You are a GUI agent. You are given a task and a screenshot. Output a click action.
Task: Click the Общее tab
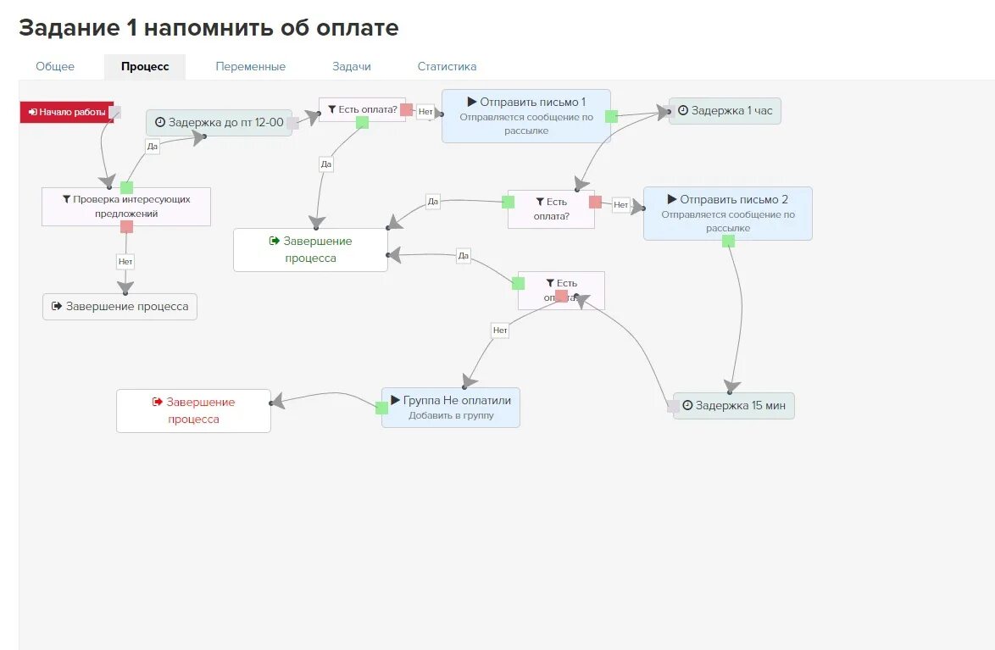tap(55, 66)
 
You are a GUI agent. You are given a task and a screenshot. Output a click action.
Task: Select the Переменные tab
tap(250, 66)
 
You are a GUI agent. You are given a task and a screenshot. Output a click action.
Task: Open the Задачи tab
tap(351, 66)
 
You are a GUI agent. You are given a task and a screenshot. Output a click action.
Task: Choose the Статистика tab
tap(447, 66)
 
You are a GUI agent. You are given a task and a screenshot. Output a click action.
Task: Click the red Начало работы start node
tap(67, 112)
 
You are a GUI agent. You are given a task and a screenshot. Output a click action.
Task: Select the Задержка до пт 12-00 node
tap(219, 122)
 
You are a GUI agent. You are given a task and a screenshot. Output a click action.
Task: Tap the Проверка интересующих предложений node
tap(126, 206)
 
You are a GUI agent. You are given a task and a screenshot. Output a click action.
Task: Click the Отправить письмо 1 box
tap(525, 115)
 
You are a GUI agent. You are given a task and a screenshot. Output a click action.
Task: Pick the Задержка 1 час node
tap(725, 110)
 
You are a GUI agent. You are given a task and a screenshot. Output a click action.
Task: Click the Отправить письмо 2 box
tap(727, 213)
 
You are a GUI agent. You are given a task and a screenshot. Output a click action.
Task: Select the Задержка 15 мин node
tap(735, 405)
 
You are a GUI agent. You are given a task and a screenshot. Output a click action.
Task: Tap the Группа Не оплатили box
tap(450, 407)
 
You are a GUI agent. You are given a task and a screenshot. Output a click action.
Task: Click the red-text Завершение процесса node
tap(193, 410)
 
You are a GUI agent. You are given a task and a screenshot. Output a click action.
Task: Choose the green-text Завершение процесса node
tap(310, 249)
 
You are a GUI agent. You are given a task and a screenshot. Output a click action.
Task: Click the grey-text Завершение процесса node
tap(120, 306)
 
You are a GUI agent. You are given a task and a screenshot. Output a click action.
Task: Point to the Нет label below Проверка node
tap(125, 262)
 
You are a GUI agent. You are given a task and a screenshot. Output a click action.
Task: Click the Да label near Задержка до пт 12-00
tap(152, 147)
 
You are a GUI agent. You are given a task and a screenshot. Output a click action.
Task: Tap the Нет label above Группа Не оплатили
tap(500, 331)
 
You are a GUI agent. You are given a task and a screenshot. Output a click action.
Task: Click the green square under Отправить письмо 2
tap(728, 242)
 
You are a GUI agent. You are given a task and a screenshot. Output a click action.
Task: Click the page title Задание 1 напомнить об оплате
tap(208, 27)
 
